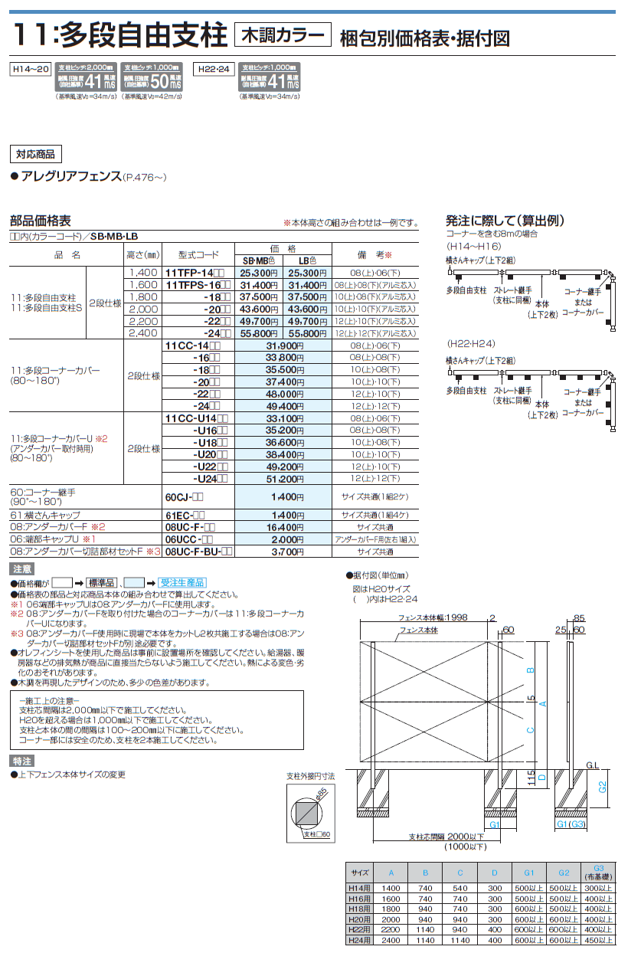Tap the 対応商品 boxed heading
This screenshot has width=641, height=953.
point(35,154)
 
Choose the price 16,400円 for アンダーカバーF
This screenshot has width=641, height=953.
point(260,528)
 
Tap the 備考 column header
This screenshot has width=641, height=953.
point(375,255)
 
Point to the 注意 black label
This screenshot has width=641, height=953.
point(22,569)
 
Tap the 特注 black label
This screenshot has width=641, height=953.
point(22,761)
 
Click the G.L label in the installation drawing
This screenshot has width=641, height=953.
point(591,765)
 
